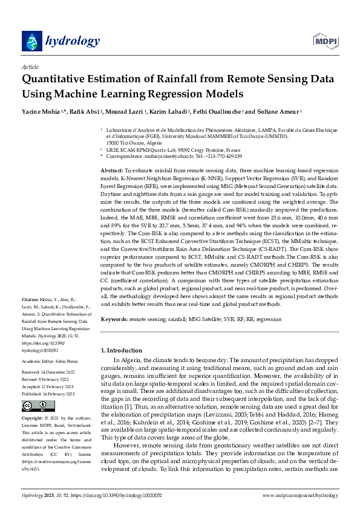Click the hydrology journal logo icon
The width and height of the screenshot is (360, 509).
(x=30, y=41)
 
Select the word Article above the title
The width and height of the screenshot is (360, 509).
(x=30, y=67)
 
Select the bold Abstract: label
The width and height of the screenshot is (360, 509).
(x=111, y=171)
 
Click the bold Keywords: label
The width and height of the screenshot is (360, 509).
(x=114, y=319)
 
